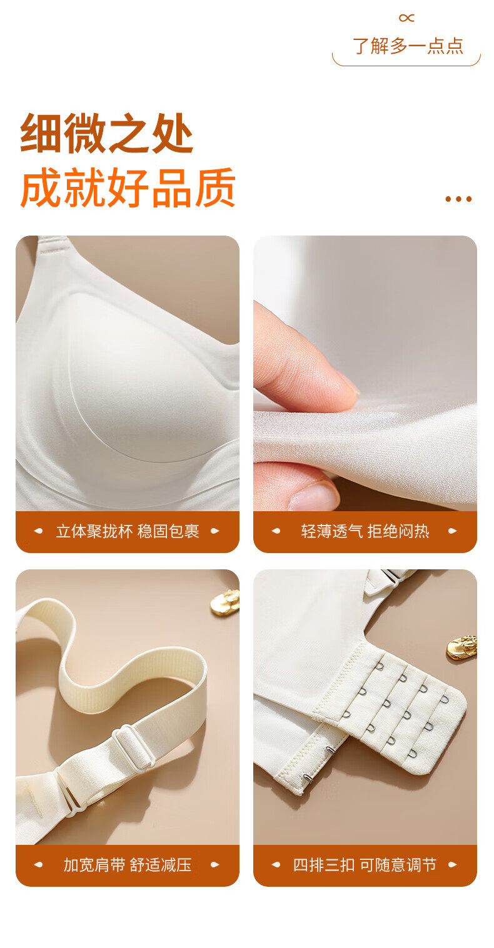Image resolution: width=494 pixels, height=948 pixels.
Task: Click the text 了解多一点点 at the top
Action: (408, 46)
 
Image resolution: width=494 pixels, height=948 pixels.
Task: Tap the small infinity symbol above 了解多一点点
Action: (406, 17)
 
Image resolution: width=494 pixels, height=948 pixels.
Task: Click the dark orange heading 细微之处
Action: (107, 133)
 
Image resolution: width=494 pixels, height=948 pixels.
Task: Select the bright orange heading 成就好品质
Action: (128, 187)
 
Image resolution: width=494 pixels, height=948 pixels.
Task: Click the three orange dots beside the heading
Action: (458, 199)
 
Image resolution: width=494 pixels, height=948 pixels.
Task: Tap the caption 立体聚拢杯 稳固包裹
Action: (128, 531)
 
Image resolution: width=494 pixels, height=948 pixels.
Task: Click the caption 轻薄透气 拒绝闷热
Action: (365, 531)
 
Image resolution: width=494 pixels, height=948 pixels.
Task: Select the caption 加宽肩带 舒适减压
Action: (128, 865)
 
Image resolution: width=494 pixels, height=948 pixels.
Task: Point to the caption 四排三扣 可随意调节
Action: (365, 865)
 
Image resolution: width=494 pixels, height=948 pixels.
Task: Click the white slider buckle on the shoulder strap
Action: (132, 748)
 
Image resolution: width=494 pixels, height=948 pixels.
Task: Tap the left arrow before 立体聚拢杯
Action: (38, 531)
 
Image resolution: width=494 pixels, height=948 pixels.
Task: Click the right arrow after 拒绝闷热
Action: (453, 531)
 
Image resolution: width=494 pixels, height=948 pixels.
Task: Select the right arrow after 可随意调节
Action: (453, 865)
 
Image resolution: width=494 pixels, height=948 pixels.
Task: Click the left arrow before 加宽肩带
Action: (38, 865)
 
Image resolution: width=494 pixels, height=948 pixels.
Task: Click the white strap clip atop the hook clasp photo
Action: (390, 580)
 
